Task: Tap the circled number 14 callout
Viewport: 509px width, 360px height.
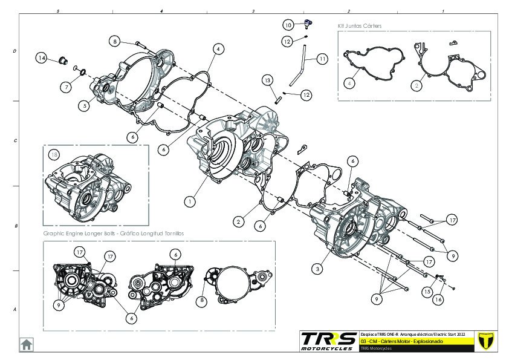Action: coord(41,58)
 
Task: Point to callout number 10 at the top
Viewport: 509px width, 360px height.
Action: coord(289,25)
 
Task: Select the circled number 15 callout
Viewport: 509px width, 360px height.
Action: coord(426,292)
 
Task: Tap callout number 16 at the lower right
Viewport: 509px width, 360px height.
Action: coord(438,299)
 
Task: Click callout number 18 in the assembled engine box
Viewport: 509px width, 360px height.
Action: coord(56,155)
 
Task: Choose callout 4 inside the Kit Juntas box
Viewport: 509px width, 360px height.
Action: coord(349,83)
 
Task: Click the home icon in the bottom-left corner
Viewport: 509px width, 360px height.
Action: coord(27,344)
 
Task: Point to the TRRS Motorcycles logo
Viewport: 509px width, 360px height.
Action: coord(328,340)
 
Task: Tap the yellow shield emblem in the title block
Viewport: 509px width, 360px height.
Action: coord(482,340)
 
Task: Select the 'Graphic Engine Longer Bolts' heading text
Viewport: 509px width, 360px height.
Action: coord(112,233)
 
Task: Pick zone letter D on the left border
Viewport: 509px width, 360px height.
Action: coord(15,51)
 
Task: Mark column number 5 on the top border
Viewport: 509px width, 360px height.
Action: coord(57,11)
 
